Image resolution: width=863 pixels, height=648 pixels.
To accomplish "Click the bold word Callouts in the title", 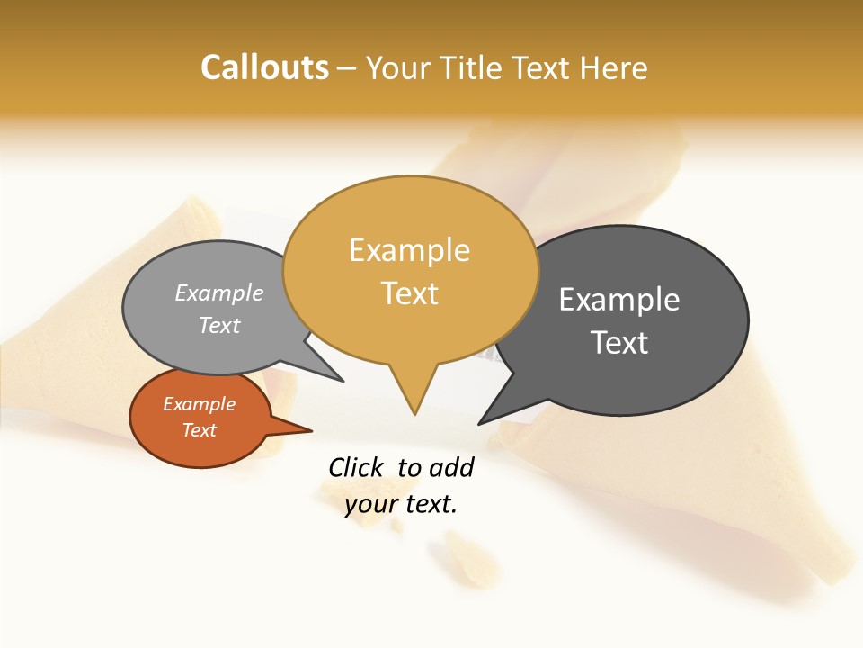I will (x=265, y=67).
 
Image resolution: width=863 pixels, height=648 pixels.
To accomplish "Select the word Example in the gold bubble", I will (x=409, y=250).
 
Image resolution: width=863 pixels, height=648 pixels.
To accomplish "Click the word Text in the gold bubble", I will (x=409, y=293).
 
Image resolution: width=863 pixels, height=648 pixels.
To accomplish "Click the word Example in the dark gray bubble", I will (x=619, y=300).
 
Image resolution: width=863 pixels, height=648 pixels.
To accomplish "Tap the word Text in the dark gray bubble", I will (x=619, y=343).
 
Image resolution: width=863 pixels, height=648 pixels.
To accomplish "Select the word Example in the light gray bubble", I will (x=219, y=292).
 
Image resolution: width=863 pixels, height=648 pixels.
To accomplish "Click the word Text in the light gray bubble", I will (x=219, y=325).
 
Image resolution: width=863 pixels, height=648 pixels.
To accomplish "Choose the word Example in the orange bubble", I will (x=199, y=404).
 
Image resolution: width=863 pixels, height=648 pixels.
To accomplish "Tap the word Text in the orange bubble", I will (x=199, y=430).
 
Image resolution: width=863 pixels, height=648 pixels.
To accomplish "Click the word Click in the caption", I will (x=356, y=467).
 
